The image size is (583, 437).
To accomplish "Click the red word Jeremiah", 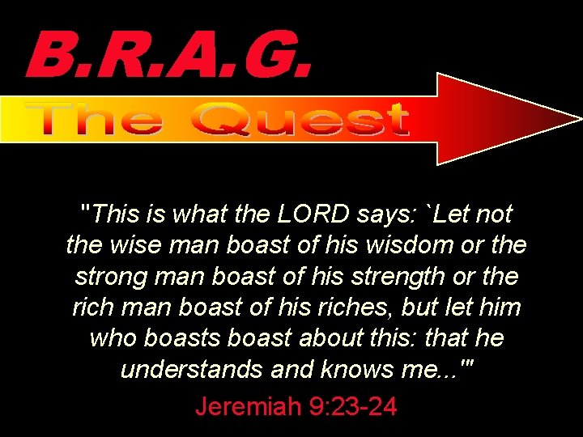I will point(248,404).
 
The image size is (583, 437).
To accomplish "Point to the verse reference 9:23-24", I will point(353,404).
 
